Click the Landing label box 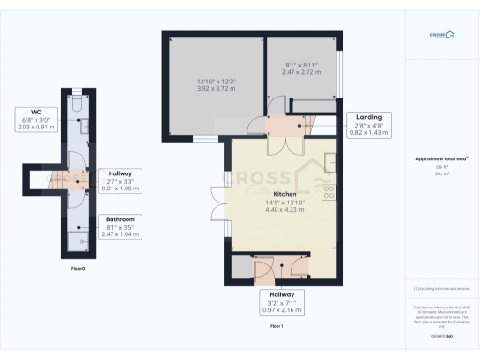coord(368,125)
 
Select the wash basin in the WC coord(82,124)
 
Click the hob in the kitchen coord(328,193)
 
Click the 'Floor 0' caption coord(78,269)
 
